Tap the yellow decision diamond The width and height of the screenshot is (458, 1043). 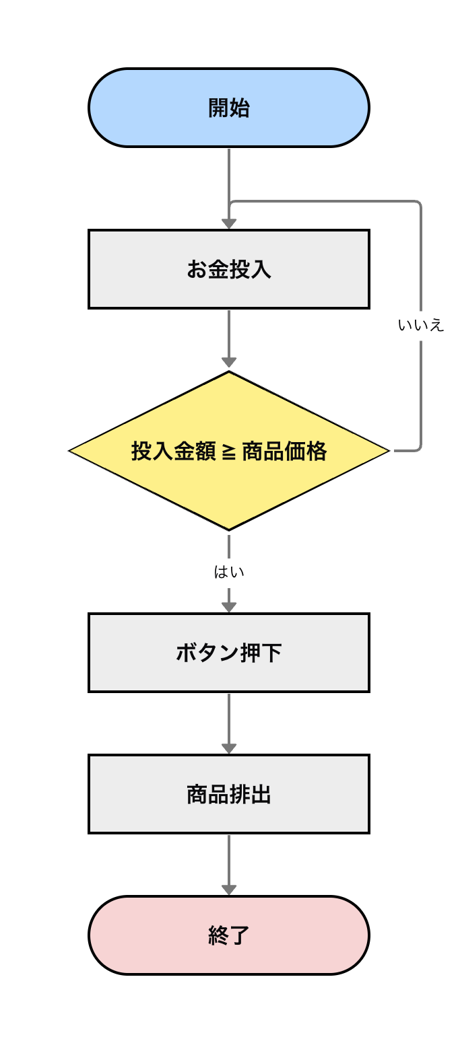(229, 491)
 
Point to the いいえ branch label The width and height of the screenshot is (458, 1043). (421, 326)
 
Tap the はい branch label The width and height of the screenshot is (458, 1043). (229, 573)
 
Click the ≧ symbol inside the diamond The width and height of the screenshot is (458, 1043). (228, 452)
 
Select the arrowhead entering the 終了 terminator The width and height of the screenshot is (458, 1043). (229, 890)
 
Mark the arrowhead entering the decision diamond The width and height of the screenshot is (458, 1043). (229, 364)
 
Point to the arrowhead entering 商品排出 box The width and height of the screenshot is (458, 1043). (229, 748)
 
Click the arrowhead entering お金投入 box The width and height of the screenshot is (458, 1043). (229, 223)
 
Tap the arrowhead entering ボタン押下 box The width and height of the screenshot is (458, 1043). (229, 607)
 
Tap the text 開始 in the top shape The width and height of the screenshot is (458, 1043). (229, 108)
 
